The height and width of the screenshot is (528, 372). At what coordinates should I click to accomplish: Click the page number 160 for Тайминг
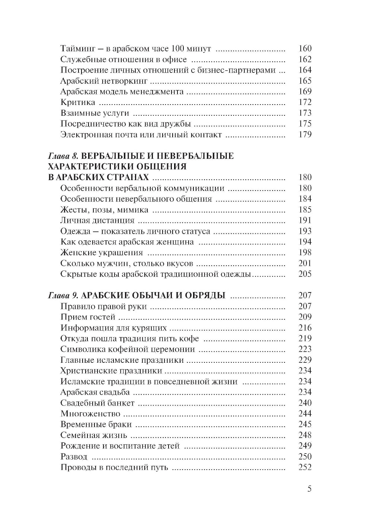(305, 48)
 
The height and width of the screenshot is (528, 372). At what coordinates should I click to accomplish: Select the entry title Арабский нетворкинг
(104, 81)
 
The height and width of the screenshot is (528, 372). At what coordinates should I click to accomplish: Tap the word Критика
(78, 102)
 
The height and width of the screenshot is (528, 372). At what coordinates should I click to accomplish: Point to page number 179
(305, 134)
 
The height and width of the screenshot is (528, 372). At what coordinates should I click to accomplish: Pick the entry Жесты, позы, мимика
(104, 210)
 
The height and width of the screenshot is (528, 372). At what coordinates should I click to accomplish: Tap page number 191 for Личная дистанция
(305, 220)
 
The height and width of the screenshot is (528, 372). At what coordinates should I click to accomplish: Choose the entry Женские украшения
(102, 253)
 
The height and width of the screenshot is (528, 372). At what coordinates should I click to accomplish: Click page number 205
(305, 274)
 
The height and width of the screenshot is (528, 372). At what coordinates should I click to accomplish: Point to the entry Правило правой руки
(103, 307)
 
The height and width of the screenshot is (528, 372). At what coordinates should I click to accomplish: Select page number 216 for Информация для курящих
(305, 328)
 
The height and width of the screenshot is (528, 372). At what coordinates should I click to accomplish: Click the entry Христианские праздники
(111, 371)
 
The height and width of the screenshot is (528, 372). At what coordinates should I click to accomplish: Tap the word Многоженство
(90, 414)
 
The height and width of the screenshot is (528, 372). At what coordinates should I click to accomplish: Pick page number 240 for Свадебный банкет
(305, 403)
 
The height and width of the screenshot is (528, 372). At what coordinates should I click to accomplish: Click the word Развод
(74, 457)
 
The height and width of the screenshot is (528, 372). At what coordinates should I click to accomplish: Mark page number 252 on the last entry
(305, 467)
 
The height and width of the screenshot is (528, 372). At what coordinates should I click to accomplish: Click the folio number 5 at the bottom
(310, 489)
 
